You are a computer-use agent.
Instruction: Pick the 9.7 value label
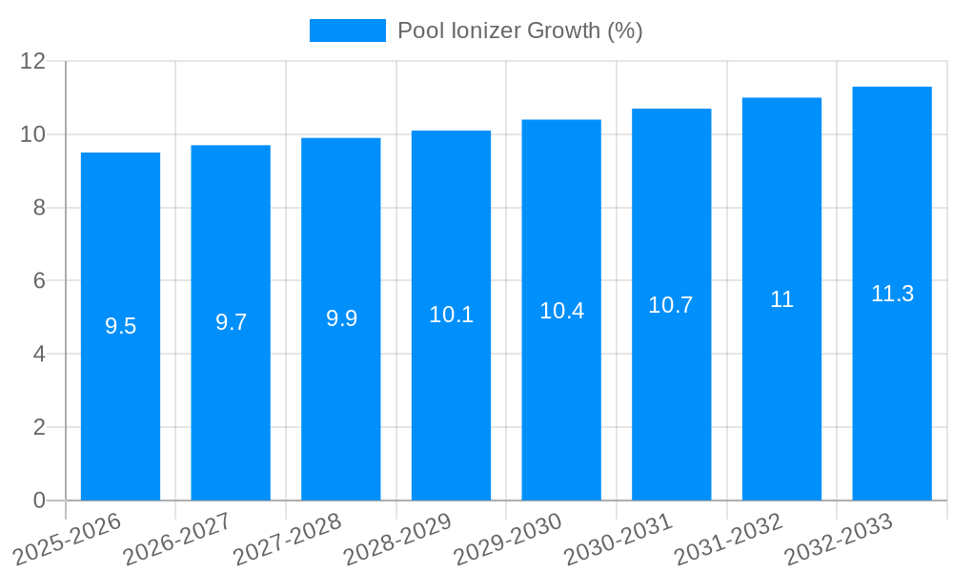(x=231, y=322)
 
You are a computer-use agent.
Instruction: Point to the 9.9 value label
(x=341, y=318)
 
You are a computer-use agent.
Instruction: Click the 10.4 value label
(x=561, y=311)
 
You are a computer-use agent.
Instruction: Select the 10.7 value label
(x=671, y=305)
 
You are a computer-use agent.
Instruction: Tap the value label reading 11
(x=781, y=299)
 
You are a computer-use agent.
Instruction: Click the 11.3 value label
(x=892, y=294)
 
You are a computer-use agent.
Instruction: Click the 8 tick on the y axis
(x=39, y=208)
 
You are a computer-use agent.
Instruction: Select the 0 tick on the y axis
(x=39, y=500)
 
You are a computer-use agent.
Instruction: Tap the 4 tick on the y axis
(x=39, y=354)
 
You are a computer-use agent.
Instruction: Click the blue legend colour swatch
(x=347, y=31)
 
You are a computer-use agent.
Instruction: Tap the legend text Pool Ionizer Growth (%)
(x=520, y=31)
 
